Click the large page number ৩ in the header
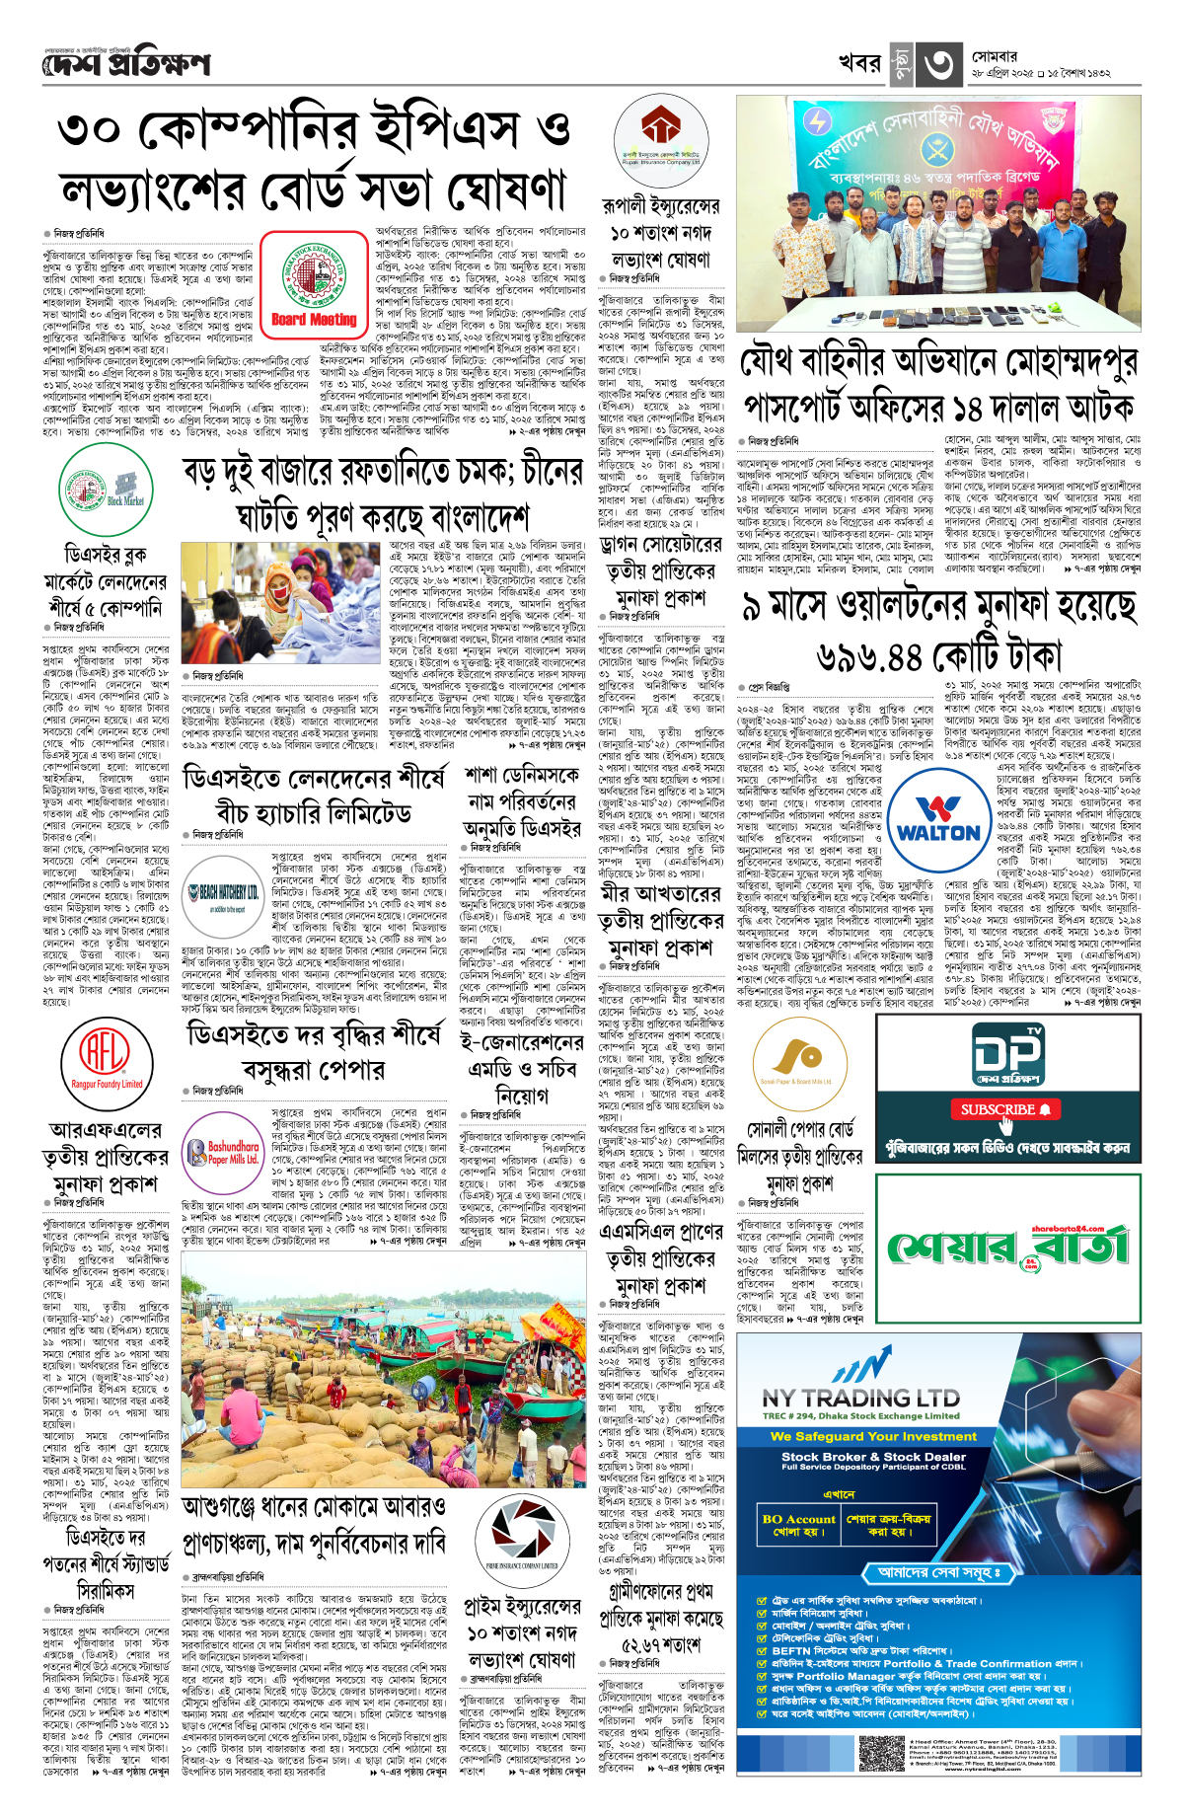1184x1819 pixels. [938, 65]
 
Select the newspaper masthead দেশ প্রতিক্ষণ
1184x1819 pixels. [126, 64]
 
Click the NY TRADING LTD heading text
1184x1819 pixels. [860, 1399]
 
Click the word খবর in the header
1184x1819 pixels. [858, 63]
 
